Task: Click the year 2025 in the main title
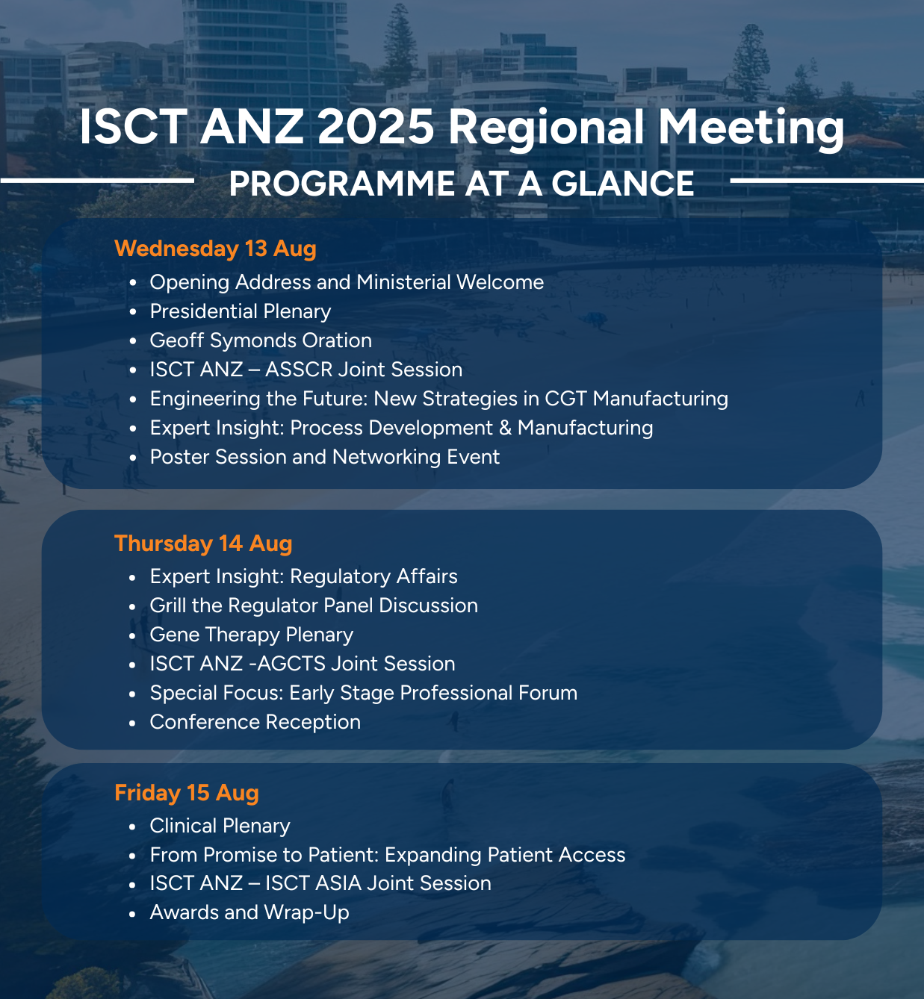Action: click(376, 127)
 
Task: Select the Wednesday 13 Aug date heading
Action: click(215, 249)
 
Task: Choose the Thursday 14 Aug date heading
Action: click(203, 544)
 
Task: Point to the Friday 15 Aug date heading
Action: click(187, 793)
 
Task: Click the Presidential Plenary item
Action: click(241, 312)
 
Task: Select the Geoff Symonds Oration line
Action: click(261, 340)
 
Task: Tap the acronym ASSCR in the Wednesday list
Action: click(299, 370)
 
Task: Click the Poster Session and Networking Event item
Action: click(325, 457)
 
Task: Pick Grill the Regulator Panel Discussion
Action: click(314, 606)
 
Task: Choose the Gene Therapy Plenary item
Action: click(251, 635)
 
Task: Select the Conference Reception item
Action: click(255, 722)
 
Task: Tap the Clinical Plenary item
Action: click(220, 826)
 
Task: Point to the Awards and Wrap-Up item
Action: click(249, 912)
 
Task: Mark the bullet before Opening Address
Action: click(133, 283)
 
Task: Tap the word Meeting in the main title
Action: click(751, 127)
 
